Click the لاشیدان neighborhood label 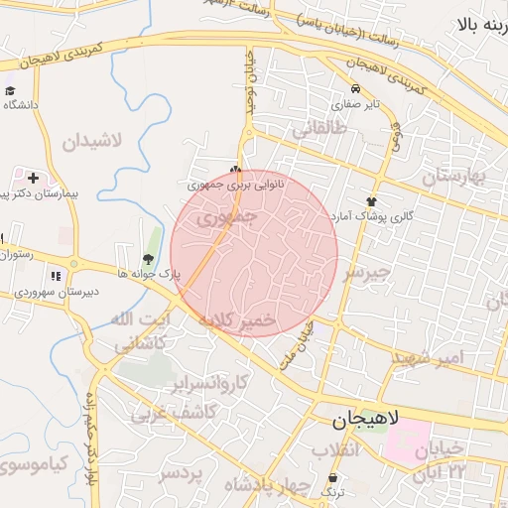(91, 140)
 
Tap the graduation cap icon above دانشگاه (11, 89)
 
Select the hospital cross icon (34, 179)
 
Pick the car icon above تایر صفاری (355, 88)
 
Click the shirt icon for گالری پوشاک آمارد (372, 201)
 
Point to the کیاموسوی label (36, 463)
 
